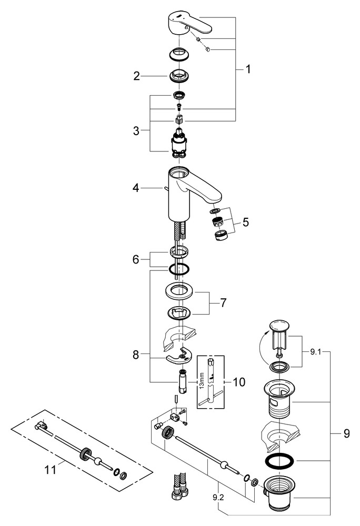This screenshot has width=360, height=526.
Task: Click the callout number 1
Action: pyautogui.click(x=247, y=69)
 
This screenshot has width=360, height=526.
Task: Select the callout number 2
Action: pyautogui.click(x=136, y=76)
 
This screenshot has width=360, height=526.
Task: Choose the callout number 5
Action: pyautogui.click(x=245, y=222)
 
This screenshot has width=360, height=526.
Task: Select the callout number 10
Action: pyautogui.click(x=238, y=382)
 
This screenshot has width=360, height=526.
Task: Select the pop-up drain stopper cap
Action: pyautogui.click(x=278, y=326)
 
